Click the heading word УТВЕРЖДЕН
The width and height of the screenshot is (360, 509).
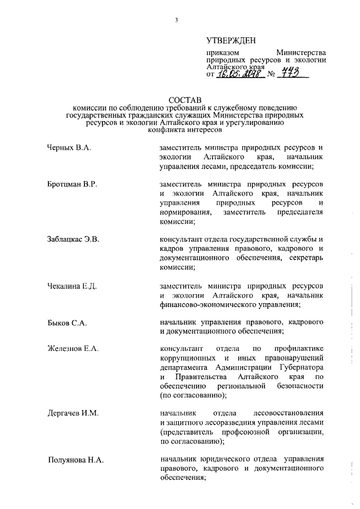coord(231,40)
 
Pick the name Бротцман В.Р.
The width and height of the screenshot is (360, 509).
coord(72,185)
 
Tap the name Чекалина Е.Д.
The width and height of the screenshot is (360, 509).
coord(72,286)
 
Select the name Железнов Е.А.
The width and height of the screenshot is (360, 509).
coord(73,349)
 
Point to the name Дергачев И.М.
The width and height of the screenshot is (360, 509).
coord(73,413)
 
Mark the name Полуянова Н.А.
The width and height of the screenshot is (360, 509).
coord(75,460)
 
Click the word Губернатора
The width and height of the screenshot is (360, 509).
coord(299,367)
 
